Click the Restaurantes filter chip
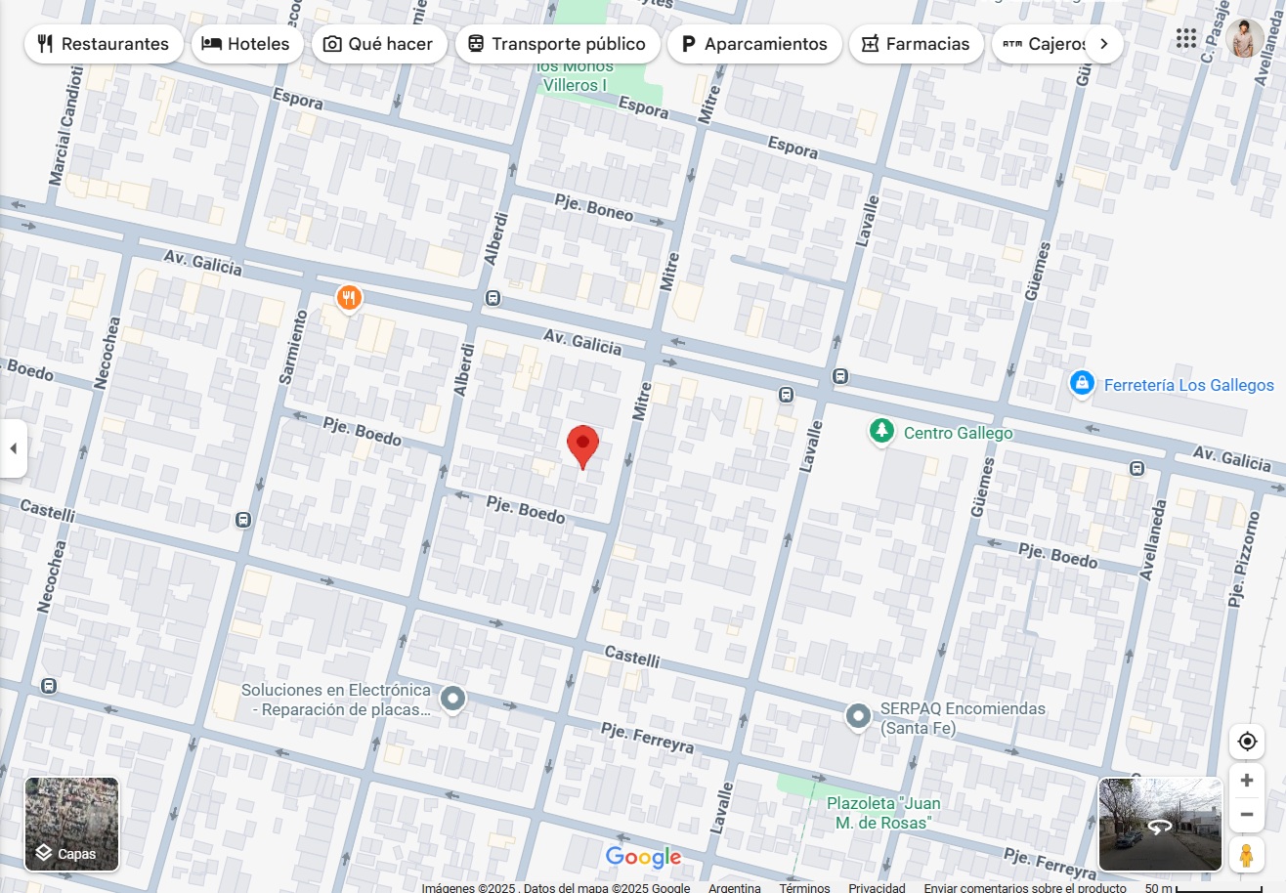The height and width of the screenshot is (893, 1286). [x=104, y=44]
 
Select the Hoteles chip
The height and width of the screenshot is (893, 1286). [x=246, y=44]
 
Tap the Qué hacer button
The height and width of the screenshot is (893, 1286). [x=378, y=44]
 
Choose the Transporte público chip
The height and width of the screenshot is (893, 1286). [x=556, y=44]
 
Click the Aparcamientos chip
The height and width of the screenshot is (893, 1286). [x=753, y=44]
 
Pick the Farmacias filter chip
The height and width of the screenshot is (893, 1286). [x=916, y=44]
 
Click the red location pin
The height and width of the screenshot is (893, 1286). [x=582, y=446]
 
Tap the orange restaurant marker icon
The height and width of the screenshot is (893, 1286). [x=349, y=297]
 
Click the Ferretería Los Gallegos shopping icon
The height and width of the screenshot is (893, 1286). [x=1081, y=384]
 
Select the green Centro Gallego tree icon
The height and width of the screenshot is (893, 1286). [x=881, y=431]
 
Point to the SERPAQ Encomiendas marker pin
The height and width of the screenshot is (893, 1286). [x=858, y=716]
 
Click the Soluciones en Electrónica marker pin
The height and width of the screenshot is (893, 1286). [x=452, y=698]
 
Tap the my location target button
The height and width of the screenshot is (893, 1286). [x=1246, y=742]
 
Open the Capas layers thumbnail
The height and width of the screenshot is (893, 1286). [x=71, y=824]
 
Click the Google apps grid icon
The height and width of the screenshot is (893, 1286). [x=1186, y=39]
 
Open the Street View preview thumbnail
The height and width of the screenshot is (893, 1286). [x=1160, y=824]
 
